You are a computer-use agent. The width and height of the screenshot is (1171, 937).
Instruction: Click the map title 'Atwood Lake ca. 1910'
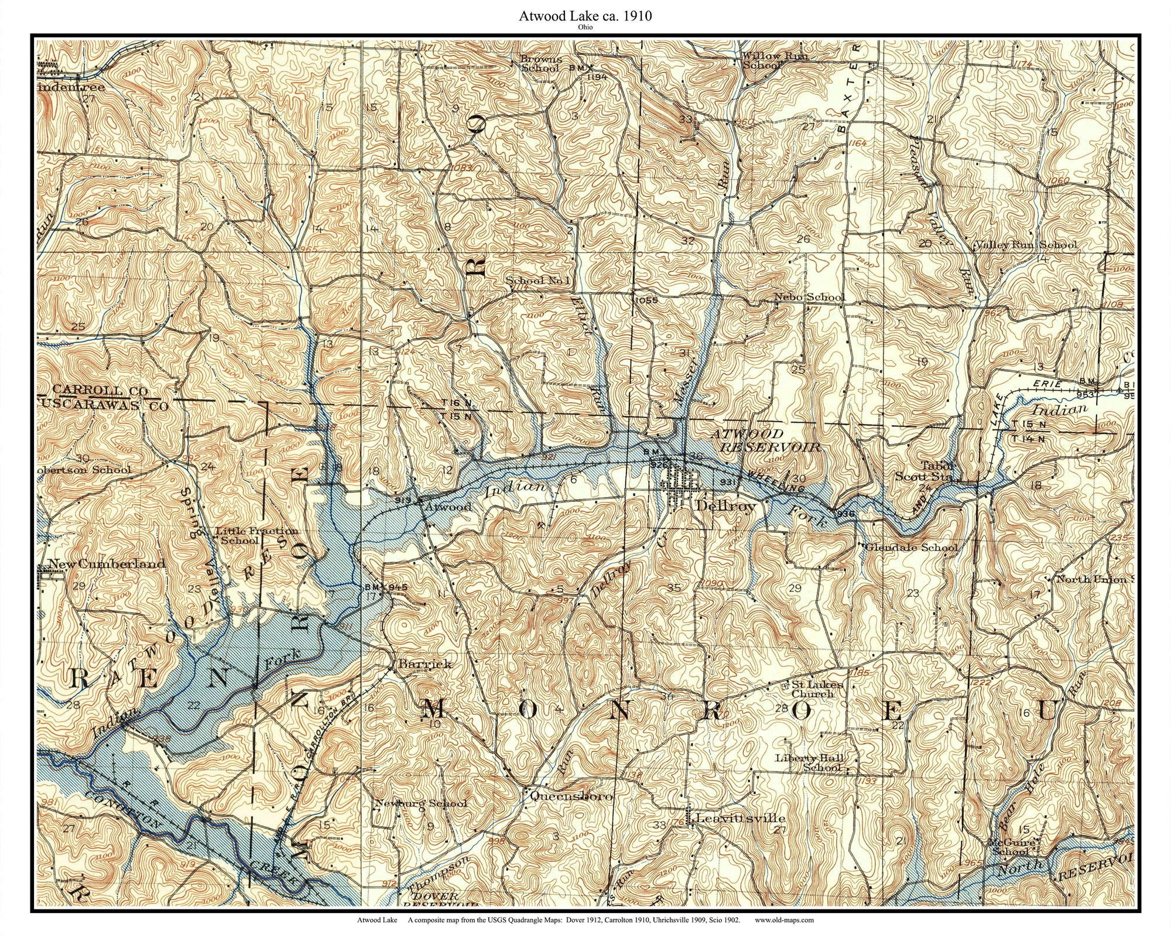[x=585, y=16]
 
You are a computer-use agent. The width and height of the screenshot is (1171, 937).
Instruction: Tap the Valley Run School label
[x=1025, y=245]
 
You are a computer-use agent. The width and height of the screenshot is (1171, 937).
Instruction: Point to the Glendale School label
[x=911, y=547]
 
